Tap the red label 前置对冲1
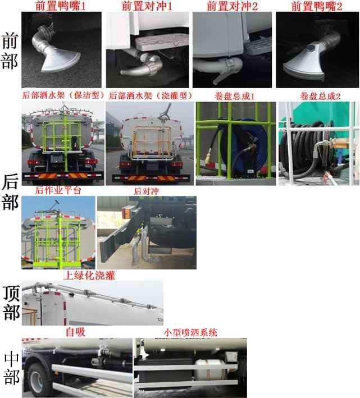tap(147, 6)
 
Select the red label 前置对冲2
tap(232, 6)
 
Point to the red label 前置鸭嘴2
tap(317, 6)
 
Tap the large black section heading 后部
tap(10, 192)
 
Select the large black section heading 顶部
tap(10, 303)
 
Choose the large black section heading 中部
tap(10, 368)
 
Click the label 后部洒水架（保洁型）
tap(62, 95)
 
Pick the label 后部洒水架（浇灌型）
tap(151, 95)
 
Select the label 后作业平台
tap(58, 190)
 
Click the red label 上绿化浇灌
tap(89, 275)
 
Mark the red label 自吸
tap(75, 332)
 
